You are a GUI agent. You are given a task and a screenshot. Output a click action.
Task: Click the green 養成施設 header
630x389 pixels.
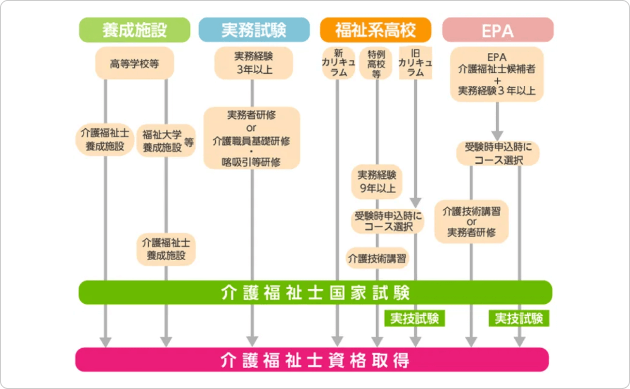tap(134, 30)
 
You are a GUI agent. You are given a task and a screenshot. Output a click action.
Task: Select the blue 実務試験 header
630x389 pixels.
tap(254, 30)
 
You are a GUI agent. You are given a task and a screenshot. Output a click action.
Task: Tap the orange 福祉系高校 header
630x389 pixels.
tap(376, 30)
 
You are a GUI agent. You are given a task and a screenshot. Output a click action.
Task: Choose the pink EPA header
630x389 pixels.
tap(498, 30)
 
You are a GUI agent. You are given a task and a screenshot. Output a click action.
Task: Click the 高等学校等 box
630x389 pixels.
tap(134, 63)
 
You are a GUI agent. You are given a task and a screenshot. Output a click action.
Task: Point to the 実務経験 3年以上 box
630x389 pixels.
tap(254, 63)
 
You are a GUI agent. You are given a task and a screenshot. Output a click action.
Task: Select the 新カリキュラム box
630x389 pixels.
tap(338, 63)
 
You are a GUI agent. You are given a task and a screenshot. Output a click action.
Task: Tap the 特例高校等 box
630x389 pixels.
tap(376, 63)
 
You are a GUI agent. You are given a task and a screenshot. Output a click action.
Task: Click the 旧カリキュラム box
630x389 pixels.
tap(415, 63)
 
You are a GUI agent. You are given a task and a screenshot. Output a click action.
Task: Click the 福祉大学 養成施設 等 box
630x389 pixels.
tap(166, 140)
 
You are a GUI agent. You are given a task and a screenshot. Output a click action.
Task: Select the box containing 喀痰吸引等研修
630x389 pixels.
tap(252, 138)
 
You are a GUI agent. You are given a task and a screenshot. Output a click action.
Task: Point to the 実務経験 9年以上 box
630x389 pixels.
tap(377, 182)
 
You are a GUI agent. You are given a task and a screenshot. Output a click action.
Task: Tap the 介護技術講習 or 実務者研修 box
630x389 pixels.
tap(471, 221)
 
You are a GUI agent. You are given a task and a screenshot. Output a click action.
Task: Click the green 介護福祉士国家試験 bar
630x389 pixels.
tap(315, 293)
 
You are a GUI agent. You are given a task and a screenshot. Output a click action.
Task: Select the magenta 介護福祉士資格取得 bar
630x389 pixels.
tap(312, 359)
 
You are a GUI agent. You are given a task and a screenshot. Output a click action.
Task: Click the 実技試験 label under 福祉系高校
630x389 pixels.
tap(414, 318)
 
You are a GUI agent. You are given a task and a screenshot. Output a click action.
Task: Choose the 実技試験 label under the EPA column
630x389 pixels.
tap(519, 318)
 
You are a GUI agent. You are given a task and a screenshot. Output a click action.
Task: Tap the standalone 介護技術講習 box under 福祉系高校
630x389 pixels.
tap(377, 258)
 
